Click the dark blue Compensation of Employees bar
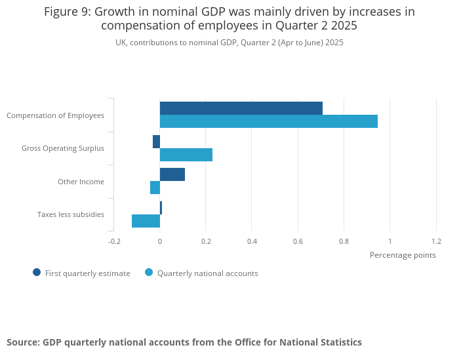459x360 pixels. tap(241, 108)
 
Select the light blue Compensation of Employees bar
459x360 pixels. tap(269, 121)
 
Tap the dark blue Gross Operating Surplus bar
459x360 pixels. tap(156, 142)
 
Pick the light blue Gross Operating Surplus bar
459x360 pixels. tap(186, 155)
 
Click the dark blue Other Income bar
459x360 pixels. tap(172, 174)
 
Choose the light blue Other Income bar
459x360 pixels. tap(155, 188)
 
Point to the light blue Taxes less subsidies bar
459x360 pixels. tap(146, 221)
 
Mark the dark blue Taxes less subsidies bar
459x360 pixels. tap(161, 208)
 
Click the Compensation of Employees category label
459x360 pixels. tap(55, 115)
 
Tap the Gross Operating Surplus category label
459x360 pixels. tap(63, 149)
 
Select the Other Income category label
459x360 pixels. tap(81, 182)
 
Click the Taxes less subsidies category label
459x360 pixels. tap(71, 214)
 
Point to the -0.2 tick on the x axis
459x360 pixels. tap(114, 241)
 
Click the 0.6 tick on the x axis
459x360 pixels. tap(298, 241)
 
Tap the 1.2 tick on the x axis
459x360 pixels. tap(436, 241)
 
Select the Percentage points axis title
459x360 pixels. tap(403, 255)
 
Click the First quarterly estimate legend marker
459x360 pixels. tap(37, 273)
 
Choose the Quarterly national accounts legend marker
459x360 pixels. tap(149, 273)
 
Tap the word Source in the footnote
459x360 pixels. tap(22, 342)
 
